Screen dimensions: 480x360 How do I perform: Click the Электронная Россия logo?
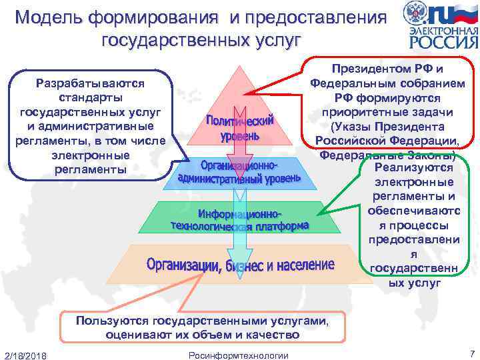440,27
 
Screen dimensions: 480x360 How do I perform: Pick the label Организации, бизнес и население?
240,265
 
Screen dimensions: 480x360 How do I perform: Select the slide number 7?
471,353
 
